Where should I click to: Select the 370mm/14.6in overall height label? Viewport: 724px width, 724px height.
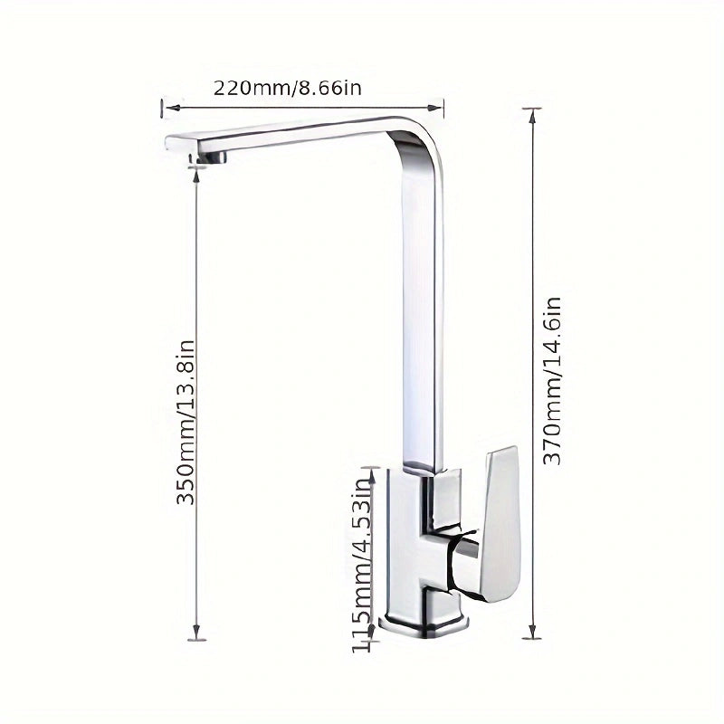pos(553,381)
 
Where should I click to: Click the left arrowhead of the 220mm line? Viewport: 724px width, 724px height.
pos(165,108)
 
